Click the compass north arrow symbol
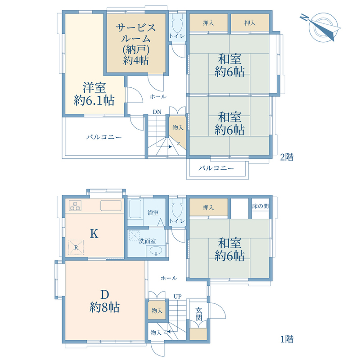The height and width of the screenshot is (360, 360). click(x=321, y=28)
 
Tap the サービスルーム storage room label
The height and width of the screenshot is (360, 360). click(x=136, y=44)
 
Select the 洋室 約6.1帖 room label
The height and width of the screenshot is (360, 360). click(x=94, y=94)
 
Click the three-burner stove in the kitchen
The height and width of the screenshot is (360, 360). click(x=75, y=206)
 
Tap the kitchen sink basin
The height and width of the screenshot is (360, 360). click(x=111, y=206)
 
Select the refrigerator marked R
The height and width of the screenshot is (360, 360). click(x=76, y=247)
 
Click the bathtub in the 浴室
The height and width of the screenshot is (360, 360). click(x=135, y=209)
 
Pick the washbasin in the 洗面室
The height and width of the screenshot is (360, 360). click(x=156, y=251)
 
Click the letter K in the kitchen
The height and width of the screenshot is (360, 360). click(x=94, y=234)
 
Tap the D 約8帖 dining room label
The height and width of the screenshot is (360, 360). click(x=104, y=301)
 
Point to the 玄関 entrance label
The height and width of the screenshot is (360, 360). click(x=198, y=314)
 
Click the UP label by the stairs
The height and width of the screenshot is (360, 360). click(x=177, y=297)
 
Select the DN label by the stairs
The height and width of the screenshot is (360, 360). click(x=157, y=112)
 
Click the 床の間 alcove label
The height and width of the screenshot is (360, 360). click(x=261, y=206)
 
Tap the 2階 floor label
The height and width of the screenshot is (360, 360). click(x=287, y=157)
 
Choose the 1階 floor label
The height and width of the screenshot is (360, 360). click(x=287, y=339)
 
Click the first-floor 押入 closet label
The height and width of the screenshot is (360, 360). click(x=208, y=208)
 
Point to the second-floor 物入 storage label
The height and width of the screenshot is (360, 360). click(x=178, y=127)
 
